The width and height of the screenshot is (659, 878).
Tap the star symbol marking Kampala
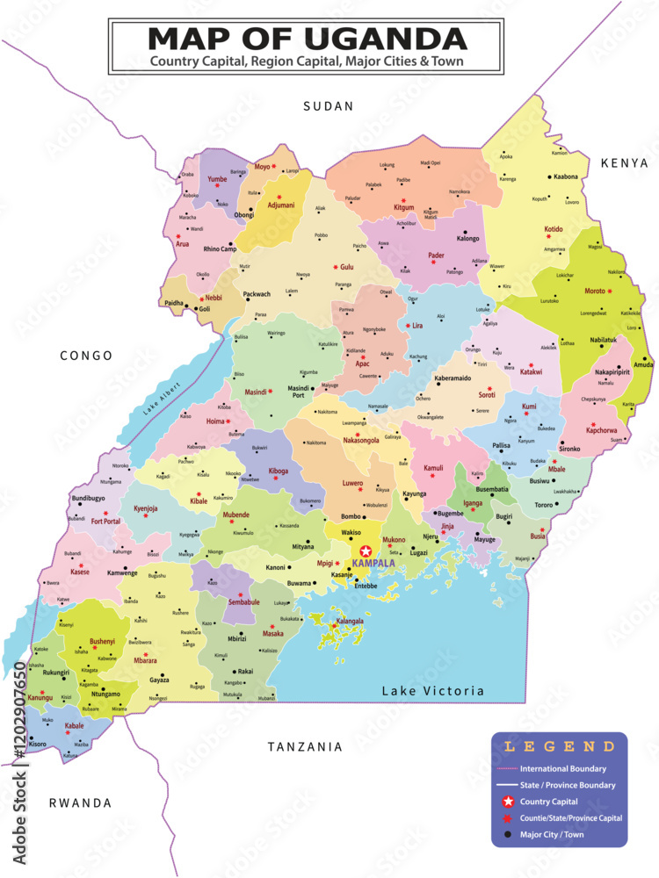coord(366,551)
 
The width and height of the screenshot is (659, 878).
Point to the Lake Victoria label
coord(432,691)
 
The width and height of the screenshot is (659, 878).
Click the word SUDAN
coord(328,106)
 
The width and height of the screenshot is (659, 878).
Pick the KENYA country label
coord(624,163)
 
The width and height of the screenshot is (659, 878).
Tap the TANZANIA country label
coord(305,747)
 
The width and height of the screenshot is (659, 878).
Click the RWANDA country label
coord(80,802)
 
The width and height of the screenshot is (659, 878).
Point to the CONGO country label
coord(86,356)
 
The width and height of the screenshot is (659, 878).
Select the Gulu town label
coord(347,266)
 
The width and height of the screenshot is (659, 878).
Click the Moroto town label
coord(595,291)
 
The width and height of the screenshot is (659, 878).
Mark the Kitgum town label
coord(403,207)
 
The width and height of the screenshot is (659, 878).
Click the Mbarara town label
coord(145,660)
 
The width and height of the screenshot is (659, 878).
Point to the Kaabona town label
coord(566,176)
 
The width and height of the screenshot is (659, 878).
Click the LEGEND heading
coord(559,747)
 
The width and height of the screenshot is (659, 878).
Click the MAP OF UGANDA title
coord(307,39)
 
